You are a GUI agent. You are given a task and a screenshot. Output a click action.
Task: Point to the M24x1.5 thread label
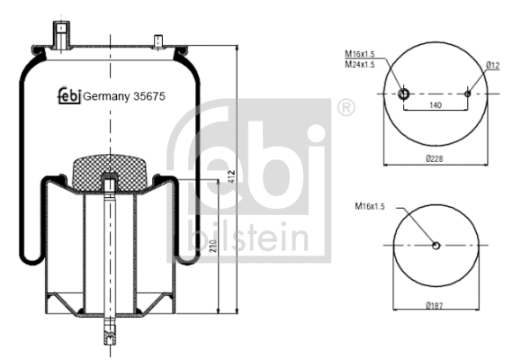click(361, 65)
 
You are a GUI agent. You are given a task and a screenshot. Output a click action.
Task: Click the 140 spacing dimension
click(436, 105)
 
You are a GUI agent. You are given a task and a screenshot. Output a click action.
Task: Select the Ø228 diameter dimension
click(435, 157)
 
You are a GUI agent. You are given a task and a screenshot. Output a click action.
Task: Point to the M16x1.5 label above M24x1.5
click(361, 55)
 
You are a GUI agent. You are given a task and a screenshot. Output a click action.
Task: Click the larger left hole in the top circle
click(403, 93)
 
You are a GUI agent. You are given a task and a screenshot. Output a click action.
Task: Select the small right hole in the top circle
click(469, 93)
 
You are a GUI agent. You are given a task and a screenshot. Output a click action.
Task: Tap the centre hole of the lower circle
click(436, 246)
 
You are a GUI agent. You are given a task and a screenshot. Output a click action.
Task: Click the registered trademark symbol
click(344, 109)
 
